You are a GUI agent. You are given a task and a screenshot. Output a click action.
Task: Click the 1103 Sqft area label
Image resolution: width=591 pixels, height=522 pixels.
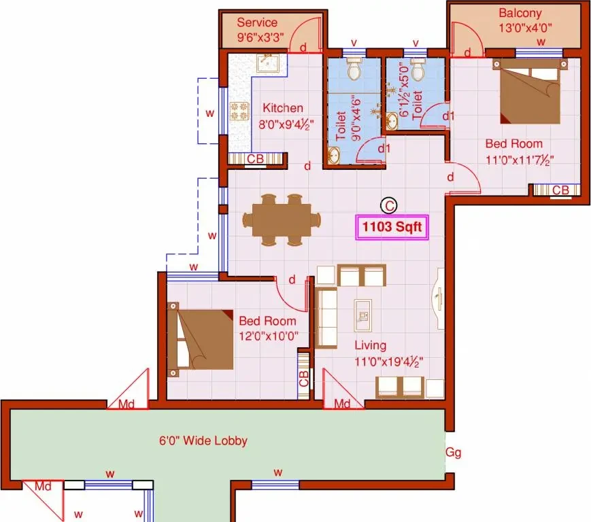click(392, 227)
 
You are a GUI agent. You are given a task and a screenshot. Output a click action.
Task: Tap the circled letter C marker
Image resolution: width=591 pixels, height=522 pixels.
click(388, 206)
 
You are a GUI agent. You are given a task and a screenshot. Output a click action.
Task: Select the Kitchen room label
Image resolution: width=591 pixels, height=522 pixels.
click(283, 108)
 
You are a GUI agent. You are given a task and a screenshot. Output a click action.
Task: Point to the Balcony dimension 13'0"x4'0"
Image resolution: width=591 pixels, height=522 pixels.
click(525, 28)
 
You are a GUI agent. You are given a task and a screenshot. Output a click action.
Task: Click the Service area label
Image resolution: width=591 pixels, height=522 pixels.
click(257, 22)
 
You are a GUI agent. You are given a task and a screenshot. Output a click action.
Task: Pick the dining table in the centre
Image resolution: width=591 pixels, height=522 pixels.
click(282, 220)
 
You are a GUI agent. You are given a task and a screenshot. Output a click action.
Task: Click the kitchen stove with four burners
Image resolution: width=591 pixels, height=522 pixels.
click(239, 111)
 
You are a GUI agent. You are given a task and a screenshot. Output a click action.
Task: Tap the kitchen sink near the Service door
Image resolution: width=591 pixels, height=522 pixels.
click(267, 63)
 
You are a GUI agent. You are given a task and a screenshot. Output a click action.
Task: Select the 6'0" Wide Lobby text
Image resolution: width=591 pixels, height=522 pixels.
click(203, 440)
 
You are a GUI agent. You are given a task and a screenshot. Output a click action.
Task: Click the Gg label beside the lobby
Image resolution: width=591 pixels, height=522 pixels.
click(453, 452)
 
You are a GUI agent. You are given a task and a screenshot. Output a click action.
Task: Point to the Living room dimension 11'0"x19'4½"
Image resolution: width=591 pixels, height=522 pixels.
click(388, 362)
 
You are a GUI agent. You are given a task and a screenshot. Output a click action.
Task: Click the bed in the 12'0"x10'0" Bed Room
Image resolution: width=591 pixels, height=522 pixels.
click(200, 339)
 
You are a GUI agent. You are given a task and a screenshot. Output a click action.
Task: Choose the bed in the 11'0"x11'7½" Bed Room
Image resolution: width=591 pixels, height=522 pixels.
click(530, 91)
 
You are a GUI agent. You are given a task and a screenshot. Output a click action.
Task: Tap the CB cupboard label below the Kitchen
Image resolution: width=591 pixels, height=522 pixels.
click(255, 159)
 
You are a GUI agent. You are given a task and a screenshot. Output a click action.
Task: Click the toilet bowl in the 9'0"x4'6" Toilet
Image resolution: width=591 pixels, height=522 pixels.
click(354, 68)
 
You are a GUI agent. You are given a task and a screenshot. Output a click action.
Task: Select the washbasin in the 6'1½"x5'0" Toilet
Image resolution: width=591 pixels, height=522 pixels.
click(391, 121)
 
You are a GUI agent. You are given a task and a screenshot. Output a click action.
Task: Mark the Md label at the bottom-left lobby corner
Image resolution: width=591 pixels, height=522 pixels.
click(43, 486)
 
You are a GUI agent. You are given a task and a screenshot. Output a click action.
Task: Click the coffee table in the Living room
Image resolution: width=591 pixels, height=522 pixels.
click(363, 315)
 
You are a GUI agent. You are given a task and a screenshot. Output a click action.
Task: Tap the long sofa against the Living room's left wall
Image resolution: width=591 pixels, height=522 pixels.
click(326, 318)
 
